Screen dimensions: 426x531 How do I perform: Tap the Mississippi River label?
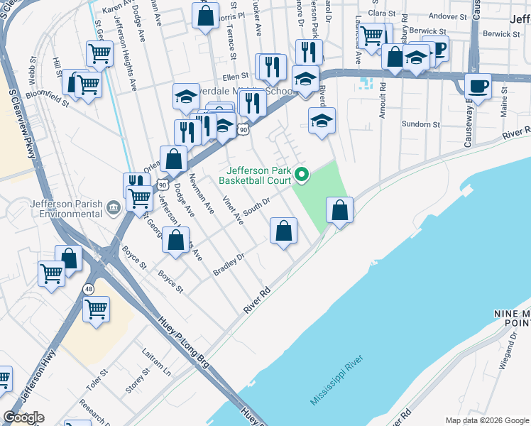click(336, 381)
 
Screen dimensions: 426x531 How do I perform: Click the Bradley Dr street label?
click(229, 264)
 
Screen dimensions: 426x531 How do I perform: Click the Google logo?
click(23, 417)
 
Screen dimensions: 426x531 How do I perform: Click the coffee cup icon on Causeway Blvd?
click(478, 86)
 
